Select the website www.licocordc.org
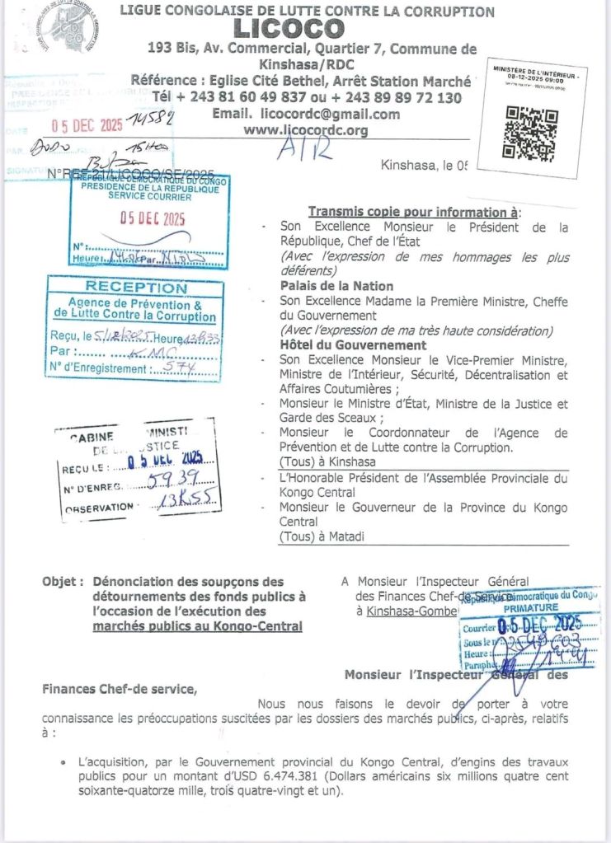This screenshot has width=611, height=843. click(x=306, y=130)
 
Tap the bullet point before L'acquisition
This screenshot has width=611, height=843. click(x=63, y=763)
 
